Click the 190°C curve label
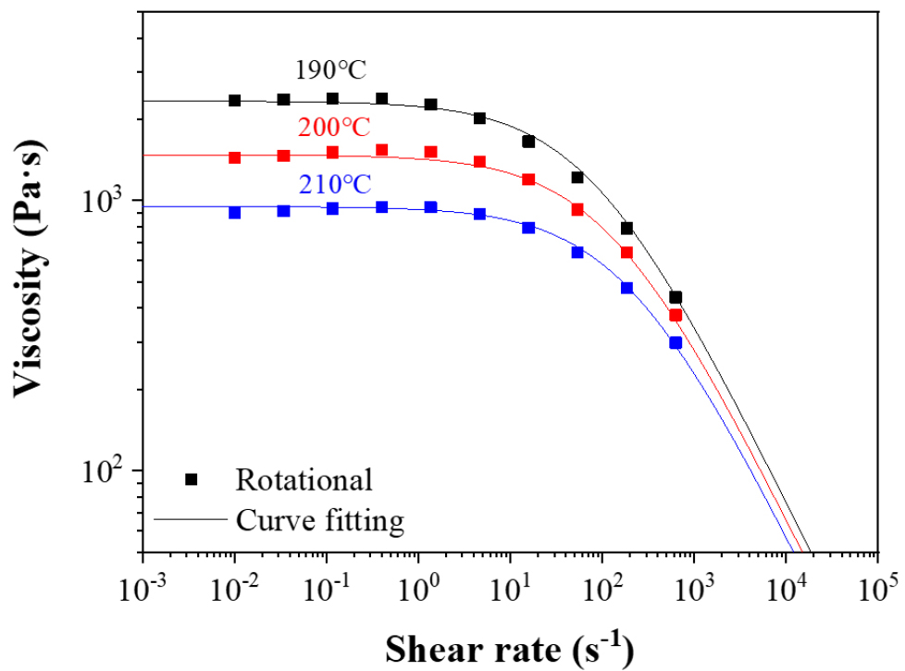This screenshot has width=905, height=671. pyautogui.click(x=334, y=71)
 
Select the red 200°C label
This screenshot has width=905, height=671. pyautogui.click(x=334, y=128)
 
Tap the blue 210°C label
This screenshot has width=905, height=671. pyautogui.click(x=334, y=184)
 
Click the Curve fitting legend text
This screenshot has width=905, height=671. pyautogui.click(x=320, y=521)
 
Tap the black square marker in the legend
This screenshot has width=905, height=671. pyautogui.click(x=192, y=478)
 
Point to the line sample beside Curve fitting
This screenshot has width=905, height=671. pyautogui.click(x=190, y=520)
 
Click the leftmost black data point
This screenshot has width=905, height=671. pyautogui.click(x=234, y=100)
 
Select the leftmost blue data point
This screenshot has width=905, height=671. pyautogui.click(x=234, y=212)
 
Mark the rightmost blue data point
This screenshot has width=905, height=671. pyautogui.click(x=676, y=342)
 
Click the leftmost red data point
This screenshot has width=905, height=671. pyautogui.click(x=234, y=157)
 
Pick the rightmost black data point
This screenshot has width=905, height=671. pyautogui.click(x=676, y=297)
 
